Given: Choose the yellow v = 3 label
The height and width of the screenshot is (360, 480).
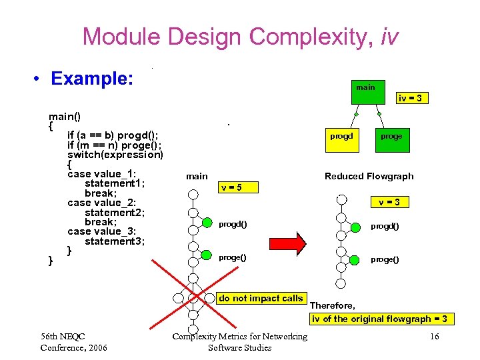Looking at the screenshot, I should [x=389, y=201].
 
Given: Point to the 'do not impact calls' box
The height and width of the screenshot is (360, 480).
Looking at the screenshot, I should [x=261, y=299].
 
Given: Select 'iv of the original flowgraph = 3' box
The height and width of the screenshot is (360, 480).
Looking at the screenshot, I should [x=379, y=319].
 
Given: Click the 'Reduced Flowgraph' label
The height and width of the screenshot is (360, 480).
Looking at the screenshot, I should [x=369, y=176].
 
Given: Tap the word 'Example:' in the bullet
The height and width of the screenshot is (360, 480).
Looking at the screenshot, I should [x=93, y=79].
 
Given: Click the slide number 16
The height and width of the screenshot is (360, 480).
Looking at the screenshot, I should [x=434, y=337].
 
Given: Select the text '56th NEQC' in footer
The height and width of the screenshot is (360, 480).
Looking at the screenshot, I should [x=63, y=336].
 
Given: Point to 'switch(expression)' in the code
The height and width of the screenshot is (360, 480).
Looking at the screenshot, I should [x=115, y=155].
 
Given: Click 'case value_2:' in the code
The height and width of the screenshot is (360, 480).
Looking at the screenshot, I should [x=101, y=203].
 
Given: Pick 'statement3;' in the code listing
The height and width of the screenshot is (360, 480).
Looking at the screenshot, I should [x=115, y=241].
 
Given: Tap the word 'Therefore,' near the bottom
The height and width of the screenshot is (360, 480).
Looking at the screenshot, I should [x=333, y=305].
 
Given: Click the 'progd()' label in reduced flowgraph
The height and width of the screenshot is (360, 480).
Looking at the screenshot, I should [x=385, y=226].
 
